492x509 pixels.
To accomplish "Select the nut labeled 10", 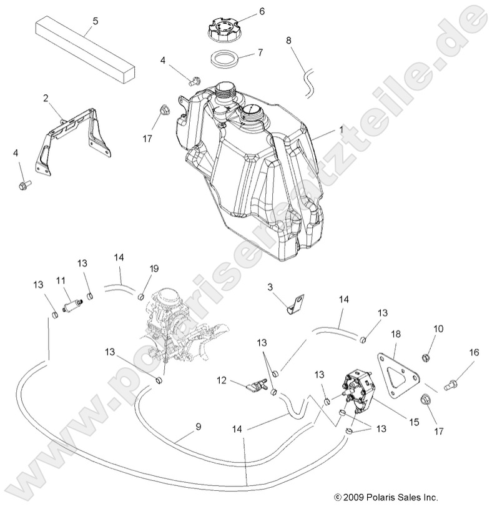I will point(426,358).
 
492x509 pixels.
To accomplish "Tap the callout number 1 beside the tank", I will point(341,129).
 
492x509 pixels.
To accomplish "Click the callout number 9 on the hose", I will point(198,427).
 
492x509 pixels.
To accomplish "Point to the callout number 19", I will point(154,269).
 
